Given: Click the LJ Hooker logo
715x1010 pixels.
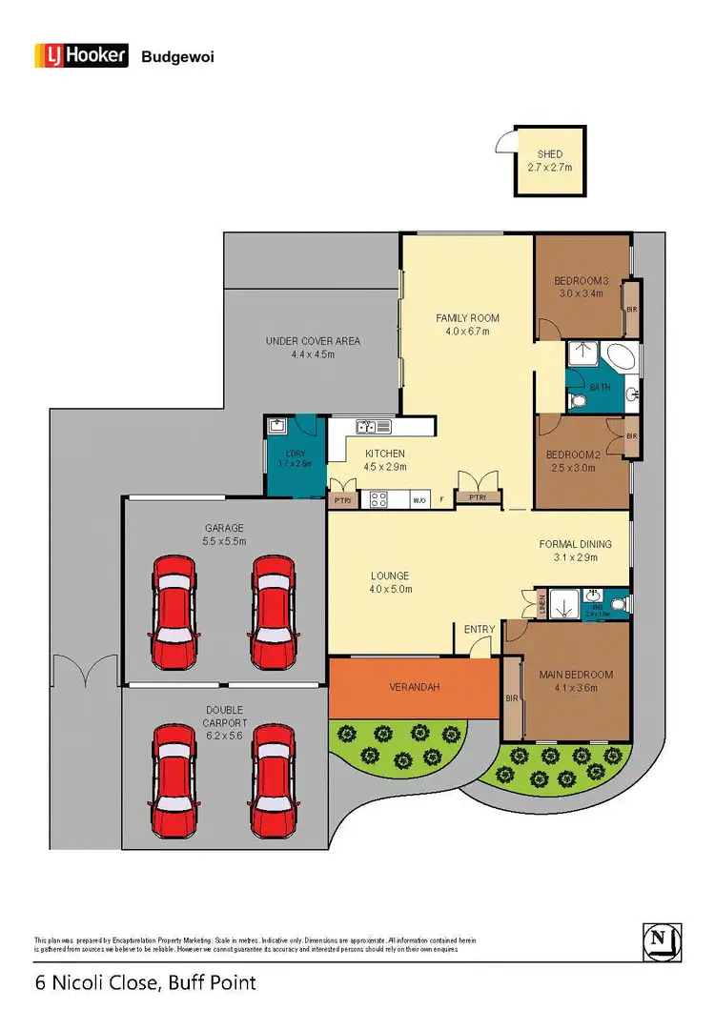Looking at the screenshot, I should (81, 56).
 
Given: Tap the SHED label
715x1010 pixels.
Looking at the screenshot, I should (550, 153).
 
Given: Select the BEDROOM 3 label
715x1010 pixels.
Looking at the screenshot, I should (581, 280).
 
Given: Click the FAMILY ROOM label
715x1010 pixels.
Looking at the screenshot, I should (467, 318).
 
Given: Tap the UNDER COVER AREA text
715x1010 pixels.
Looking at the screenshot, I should (313, 341).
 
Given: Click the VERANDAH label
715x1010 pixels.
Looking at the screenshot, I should (412, 687).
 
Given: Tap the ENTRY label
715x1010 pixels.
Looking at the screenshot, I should (480, 629).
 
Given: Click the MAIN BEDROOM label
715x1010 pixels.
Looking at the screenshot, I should (575, 675).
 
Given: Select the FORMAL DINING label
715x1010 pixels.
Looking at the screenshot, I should (575, 544).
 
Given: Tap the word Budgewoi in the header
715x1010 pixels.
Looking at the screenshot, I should (178, 57).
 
